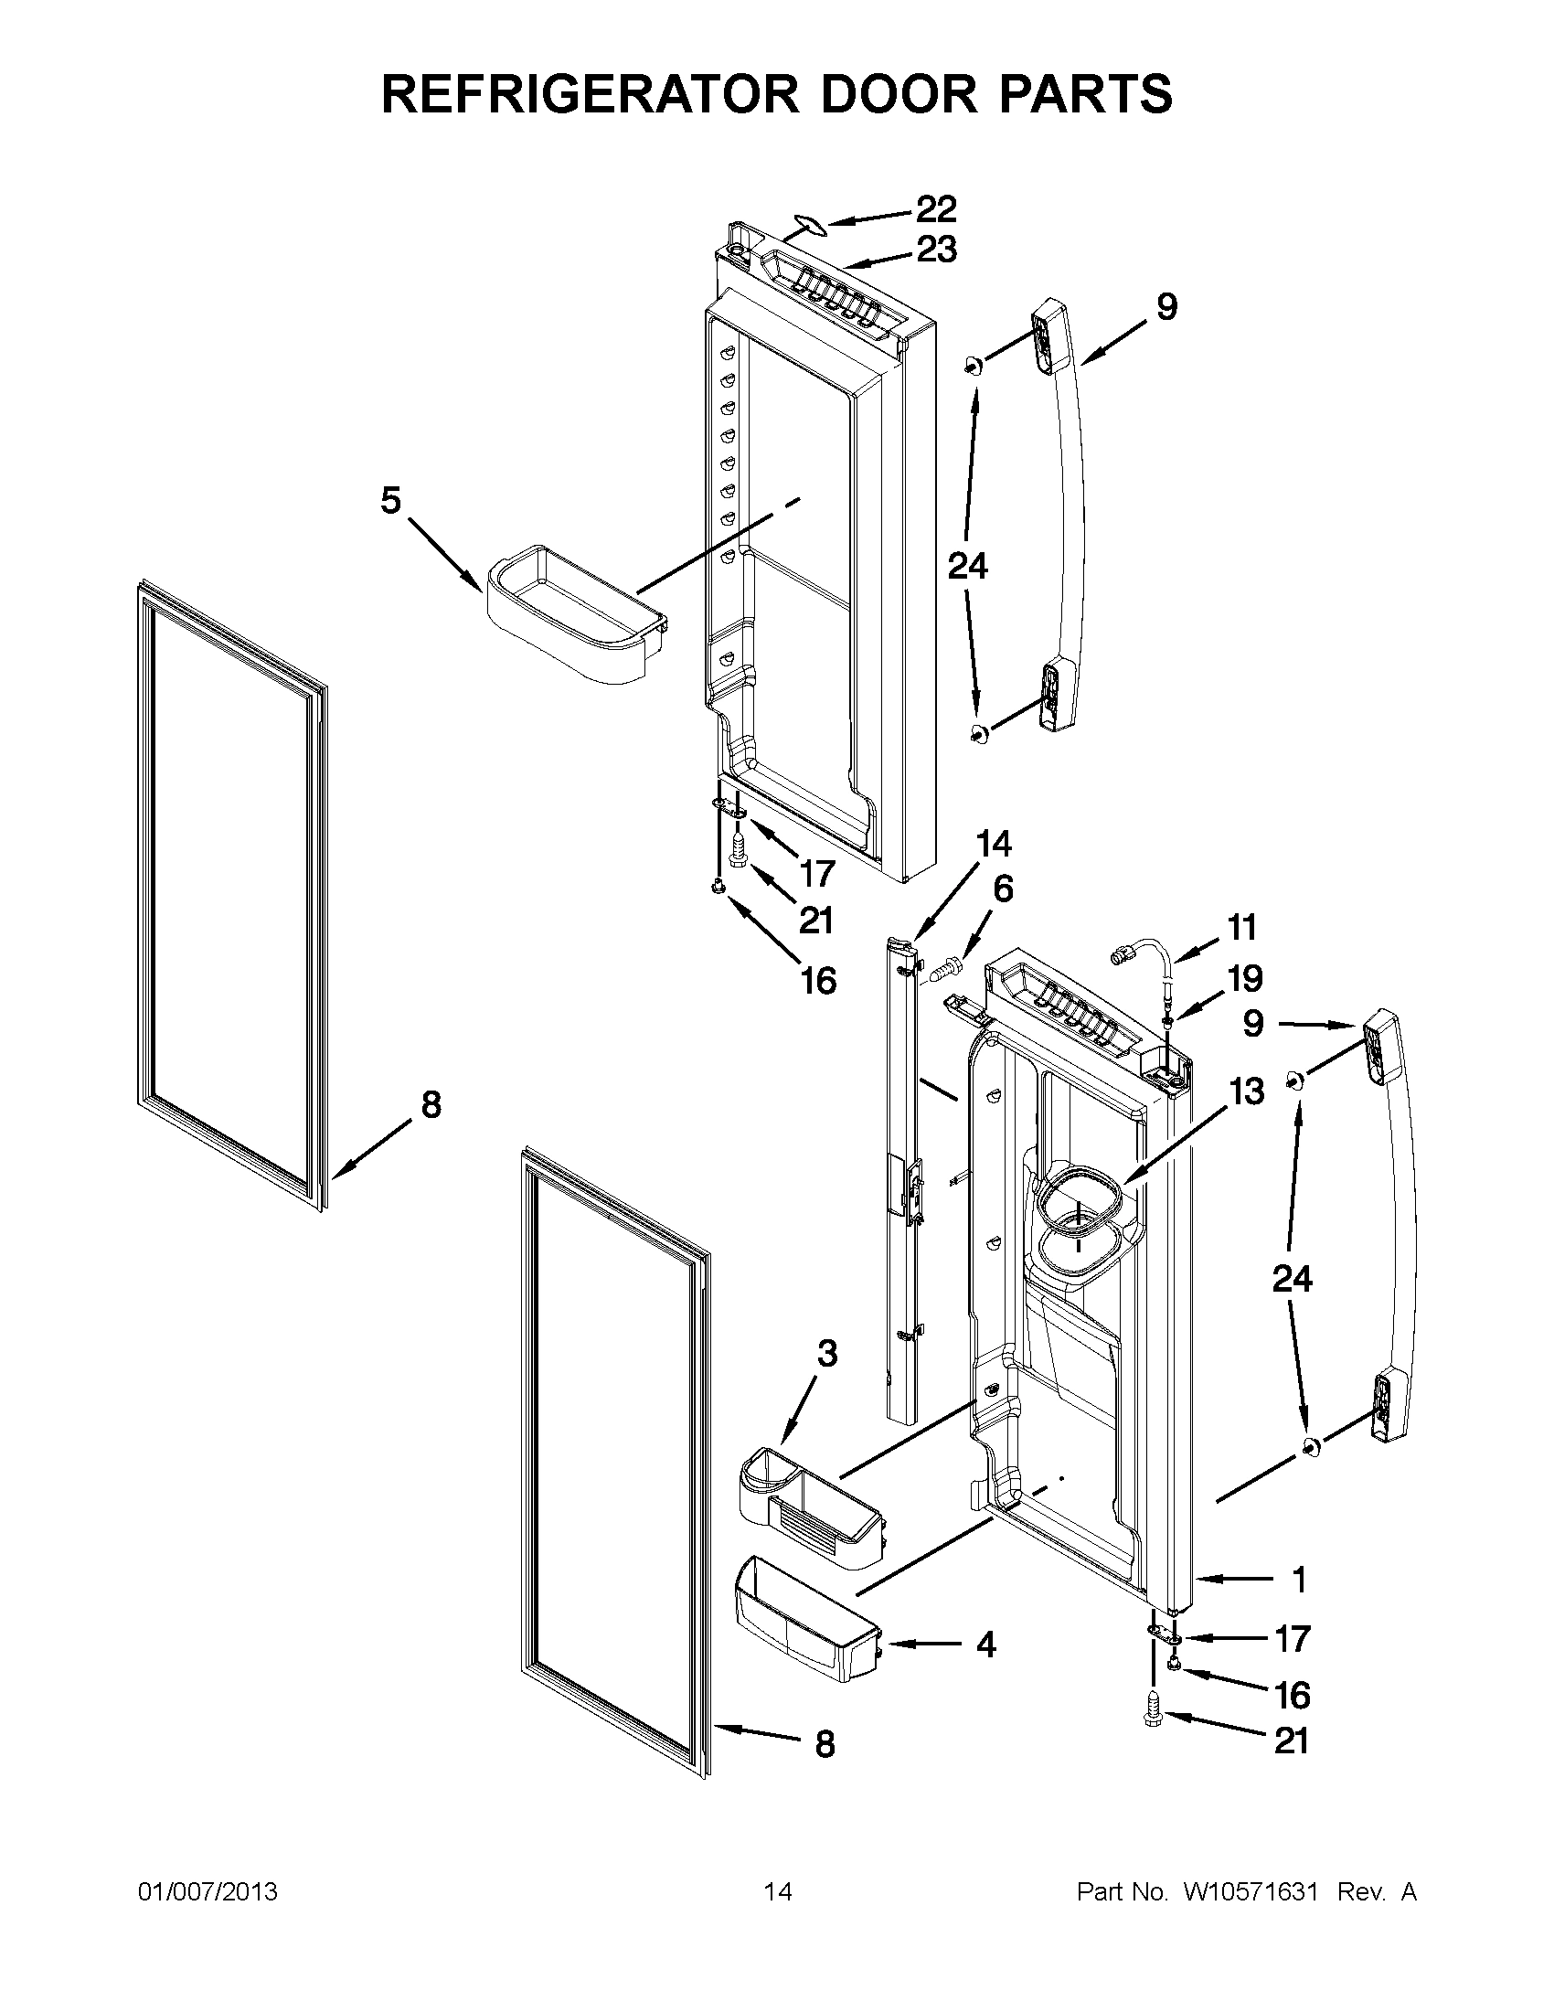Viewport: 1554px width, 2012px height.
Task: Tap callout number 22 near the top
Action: click(x=935, y=209)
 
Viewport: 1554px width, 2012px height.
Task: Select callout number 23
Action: click(x=936, y=250)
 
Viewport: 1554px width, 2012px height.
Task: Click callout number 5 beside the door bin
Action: click(x=390, y=502)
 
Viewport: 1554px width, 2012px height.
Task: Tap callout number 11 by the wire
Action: click(x=1241, y=927)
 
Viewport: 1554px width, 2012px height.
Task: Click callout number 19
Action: click(x=1244, y=978)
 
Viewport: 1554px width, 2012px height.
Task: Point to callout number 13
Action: click(x=1246, y=1092)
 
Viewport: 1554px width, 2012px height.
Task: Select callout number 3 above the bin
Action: click(x=827, y=1380)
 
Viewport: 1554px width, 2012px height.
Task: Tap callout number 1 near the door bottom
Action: click(x=1299, y=1581)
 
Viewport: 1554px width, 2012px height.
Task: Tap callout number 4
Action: click(x=985, y=1645)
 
